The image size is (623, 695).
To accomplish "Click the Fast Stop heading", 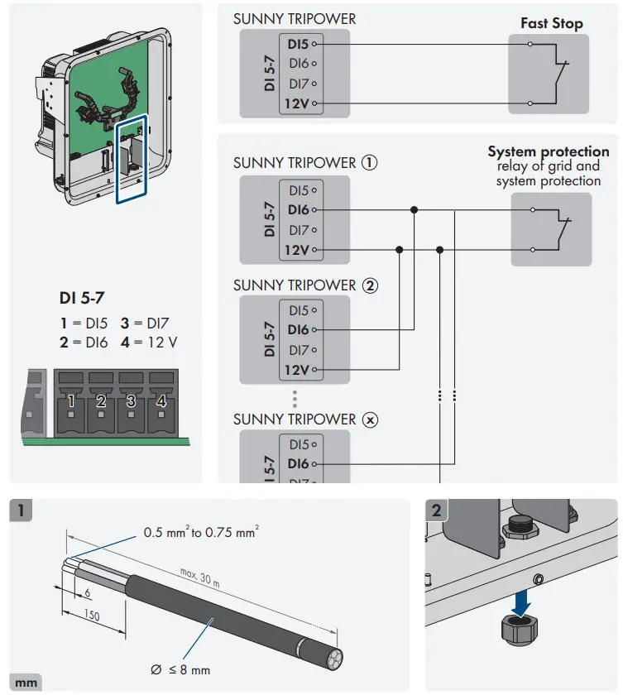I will click(x=551, y=23).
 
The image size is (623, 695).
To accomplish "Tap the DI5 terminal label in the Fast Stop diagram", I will click(x=299, y=43).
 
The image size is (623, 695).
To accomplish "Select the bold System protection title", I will click(x=548, y=152).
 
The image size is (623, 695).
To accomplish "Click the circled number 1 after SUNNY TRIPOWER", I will click(x=370, y=163).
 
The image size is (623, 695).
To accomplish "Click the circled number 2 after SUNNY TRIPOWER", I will click(x=370, y=285).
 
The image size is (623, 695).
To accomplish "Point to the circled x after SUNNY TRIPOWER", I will click(x=370, y=419).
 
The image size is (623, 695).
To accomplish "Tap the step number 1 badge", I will click(x=22, y=510).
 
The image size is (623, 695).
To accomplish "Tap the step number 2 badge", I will click(x=437, y=510).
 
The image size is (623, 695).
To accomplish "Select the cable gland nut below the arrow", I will click(x=519, y=635).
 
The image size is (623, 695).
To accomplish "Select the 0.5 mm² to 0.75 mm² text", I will click(x=200, y=533).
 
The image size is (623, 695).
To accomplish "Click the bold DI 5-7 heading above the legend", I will click(x=82, y=296).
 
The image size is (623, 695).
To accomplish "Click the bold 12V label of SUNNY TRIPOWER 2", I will click(x=296, y=370).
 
